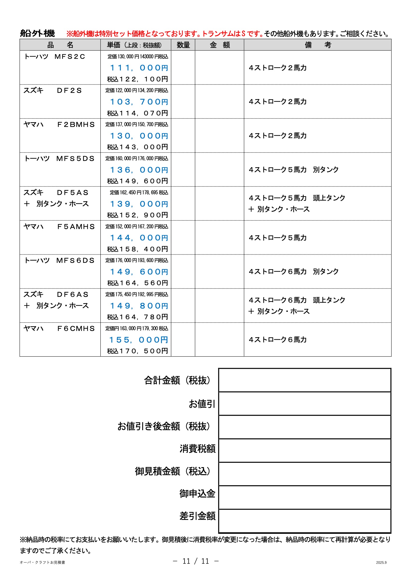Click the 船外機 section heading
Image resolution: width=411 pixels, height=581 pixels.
coord(38,33)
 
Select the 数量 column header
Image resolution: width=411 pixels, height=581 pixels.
coord(183,45)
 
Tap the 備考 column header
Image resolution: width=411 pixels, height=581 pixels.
coord(318,45)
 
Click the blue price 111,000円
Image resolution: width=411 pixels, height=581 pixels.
coord(139,68)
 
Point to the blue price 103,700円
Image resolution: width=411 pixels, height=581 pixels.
coord(139,102)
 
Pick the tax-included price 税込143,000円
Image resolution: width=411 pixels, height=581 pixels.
coord(137,147)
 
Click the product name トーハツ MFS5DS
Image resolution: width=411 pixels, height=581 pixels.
coord(59,159)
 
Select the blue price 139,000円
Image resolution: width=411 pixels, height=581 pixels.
coord(139,204)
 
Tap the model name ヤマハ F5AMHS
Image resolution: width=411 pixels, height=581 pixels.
coord(59,227)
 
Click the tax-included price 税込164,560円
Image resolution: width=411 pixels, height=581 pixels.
coord(137,283)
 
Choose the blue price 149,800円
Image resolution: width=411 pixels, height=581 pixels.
coord(139,306)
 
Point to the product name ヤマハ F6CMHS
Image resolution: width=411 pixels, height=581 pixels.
coord(59,329)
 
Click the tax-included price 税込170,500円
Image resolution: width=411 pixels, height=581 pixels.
coord(137,351)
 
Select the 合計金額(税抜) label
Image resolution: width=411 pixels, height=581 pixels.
coord(177,380)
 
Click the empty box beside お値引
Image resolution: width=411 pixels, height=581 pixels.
coord(305,404)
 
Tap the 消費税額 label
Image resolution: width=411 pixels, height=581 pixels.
coord(197,449)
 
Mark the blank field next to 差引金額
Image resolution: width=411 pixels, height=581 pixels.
coord(305,521)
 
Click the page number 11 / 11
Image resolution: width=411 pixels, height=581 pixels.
coord(195,561)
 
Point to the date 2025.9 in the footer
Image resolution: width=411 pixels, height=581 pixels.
coord(381,563)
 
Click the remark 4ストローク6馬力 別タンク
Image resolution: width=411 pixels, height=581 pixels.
coord(293,272)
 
